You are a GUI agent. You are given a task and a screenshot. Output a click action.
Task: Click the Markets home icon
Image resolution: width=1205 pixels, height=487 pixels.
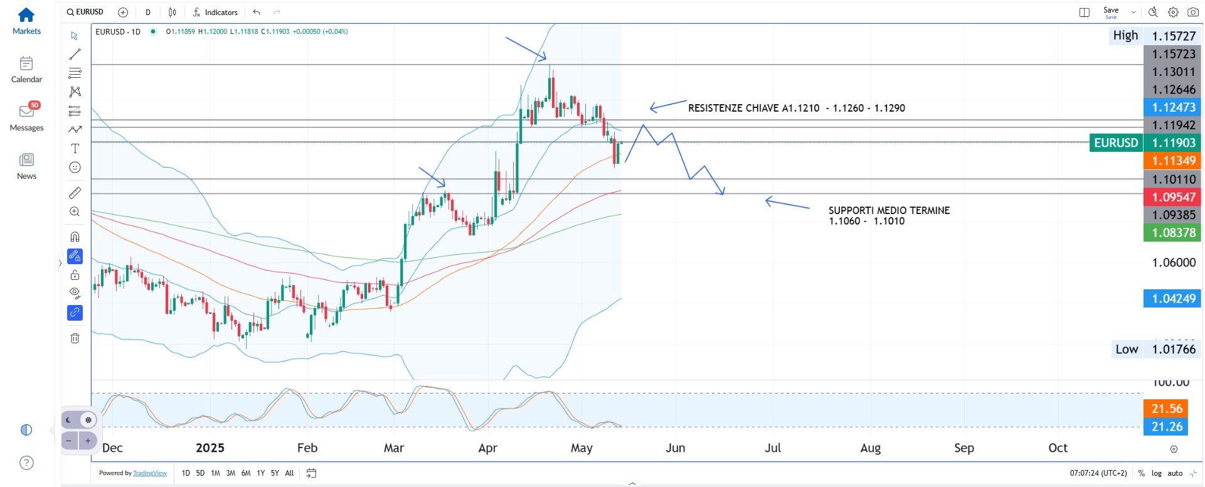click(26, 15)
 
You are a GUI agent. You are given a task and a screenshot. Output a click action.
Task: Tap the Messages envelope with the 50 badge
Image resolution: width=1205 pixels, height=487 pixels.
click(27, 112)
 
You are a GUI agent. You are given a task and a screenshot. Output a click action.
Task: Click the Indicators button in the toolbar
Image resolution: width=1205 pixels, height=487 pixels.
click(215, 12)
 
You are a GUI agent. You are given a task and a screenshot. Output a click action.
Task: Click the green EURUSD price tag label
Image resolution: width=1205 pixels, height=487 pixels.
click(1116, 143)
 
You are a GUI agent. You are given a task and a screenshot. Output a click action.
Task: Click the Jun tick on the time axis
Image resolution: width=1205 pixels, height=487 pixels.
click(675, 448)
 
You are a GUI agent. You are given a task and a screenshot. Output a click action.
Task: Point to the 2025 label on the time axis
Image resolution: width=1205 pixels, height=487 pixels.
click(210, 448)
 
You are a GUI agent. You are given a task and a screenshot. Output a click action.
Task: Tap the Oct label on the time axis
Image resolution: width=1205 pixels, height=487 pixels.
click(1058, 448)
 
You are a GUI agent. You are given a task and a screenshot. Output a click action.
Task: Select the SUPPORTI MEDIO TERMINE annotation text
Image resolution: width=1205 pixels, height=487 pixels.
click(889, 211)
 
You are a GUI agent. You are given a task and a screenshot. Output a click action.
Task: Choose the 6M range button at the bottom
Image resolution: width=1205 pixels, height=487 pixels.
click(246, 473)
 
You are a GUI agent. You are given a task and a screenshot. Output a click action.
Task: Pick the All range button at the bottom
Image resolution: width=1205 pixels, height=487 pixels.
click(289, 473)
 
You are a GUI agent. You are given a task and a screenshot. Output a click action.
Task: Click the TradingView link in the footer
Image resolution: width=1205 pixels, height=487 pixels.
click(150, 473)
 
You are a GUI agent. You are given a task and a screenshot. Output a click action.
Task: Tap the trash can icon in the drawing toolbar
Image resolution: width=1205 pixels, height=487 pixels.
click(75, 338)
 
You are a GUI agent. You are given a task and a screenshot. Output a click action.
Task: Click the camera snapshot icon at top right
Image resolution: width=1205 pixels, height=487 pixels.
click(1193, 12)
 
